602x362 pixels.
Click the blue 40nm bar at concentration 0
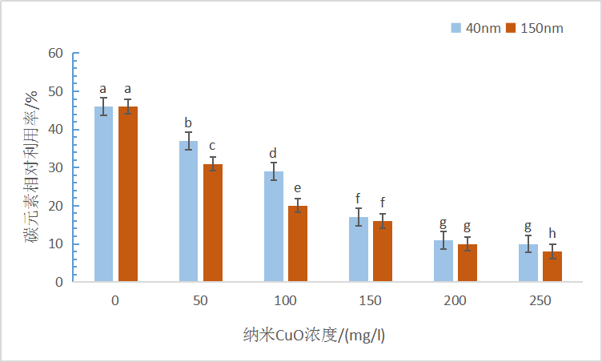[x=104, y=194]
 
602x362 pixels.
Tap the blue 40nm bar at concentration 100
[x=273, y=227]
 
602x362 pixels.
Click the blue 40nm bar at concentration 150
[x=359, y=249]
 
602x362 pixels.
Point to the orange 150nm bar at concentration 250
[x=552, y=267]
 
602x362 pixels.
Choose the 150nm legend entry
[x=536, y=28]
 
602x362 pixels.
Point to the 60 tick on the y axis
[x=55, y=54]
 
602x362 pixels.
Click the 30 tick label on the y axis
[x=55, y=168]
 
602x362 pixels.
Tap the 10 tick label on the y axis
[x=55, y=244]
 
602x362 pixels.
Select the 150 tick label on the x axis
[x=371, y=301]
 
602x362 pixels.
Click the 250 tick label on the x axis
[x=540, y=301]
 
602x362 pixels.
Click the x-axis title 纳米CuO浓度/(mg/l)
[x=315, y=335]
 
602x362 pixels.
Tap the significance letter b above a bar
[x=188, y=123]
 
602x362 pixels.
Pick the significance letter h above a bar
[x=552, y=233]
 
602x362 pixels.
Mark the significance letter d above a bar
[x=273, y=153]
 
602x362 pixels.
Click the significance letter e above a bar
[x=298, y=189]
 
